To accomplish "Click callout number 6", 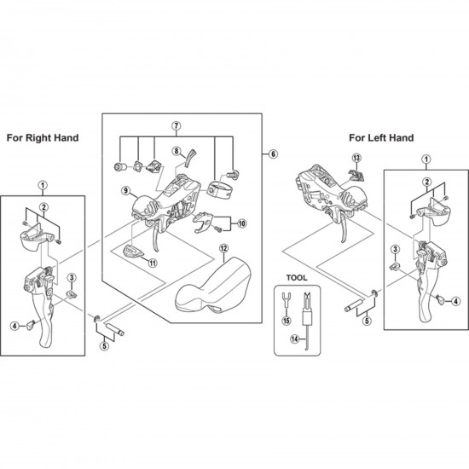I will (x=273, y=153).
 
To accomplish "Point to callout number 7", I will (x=176, y=126).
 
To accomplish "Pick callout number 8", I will (x=177, y=152).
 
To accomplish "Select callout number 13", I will (x=356, y=157).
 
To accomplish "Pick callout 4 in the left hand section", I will (x=456, y=300).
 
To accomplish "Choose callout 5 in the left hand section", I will (x=367, y=322).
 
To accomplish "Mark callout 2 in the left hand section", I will (x=426, y=182).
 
